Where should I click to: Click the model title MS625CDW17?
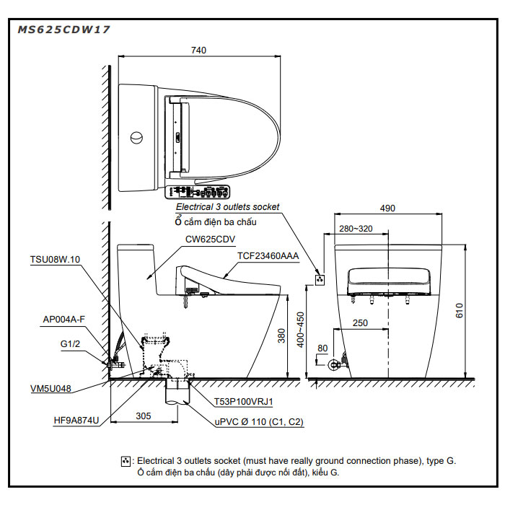coord(63,30)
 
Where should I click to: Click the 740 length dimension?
coord(198,50)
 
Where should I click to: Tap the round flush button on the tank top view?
coord(136,138)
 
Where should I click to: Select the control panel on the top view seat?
coord(197,192)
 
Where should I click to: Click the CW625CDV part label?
coord(210,240)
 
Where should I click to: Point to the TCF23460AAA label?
coord(268,255)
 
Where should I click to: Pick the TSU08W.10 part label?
coord(55,259)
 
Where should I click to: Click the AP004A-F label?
coord(63,319)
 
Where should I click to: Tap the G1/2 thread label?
coord(70,343)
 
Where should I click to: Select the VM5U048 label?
coord(50,388)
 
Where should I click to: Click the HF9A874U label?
coord(76,421)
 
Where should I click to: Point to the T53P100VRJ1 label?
coord(244,402)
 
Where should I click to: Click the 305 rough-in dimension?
coord(144,416)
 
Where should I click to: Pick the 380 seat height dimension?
coord(281,335)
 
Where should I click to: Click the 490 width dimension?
coord(387,208)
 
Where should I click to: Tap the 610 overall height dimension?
coord(460,310)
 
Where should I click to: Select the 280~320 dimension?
coord(356,229)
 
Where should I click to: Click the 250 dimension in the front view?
coord(360,322)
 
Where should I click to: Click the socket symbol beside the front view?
coord(320,280)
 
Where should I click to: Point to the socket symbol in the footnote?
coord(126,461)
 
